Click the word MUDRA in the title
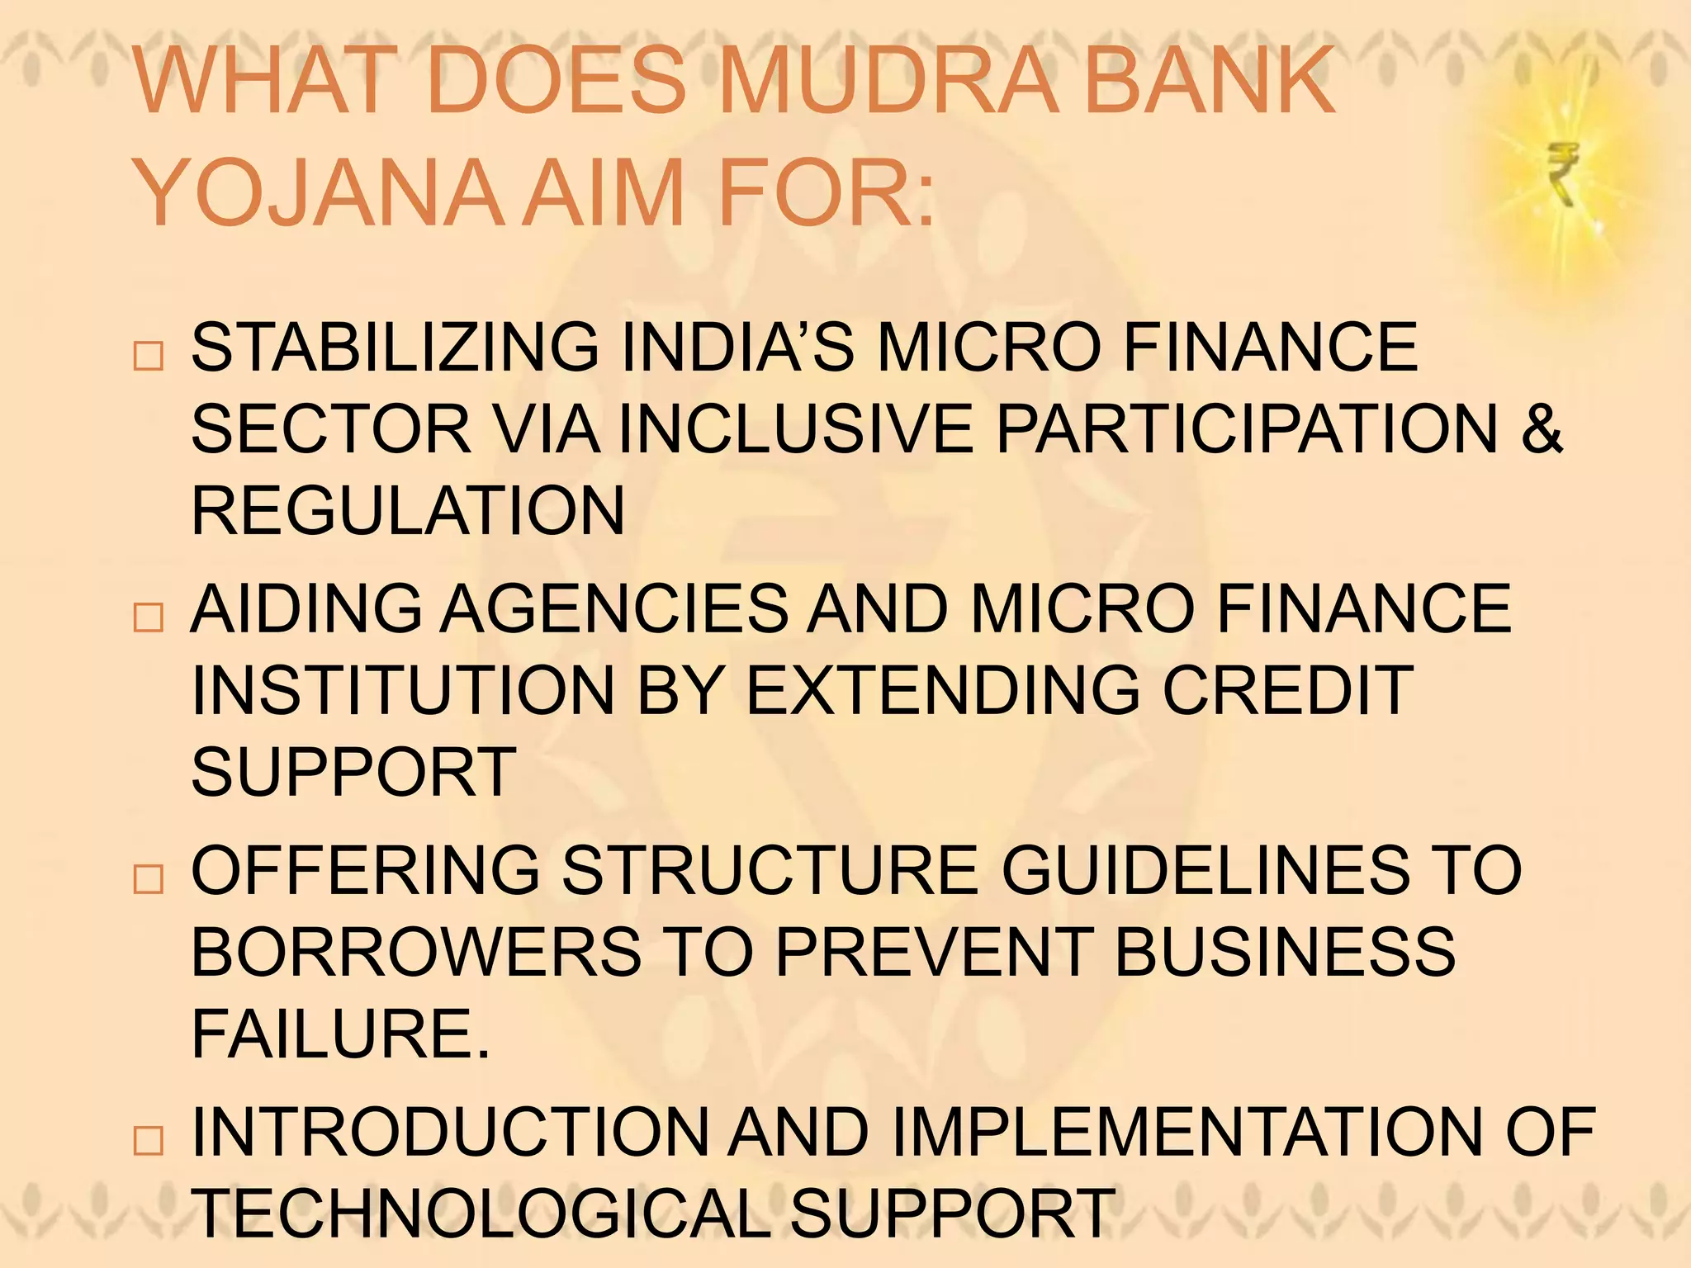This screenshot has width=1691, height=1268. [888, 81]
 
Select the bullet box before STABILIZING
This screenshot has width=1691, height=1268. [149, 356]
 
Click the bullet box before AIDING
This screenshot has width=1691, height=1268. [149, 617]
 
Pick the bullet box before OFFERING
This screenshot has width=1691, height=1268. [149, 878]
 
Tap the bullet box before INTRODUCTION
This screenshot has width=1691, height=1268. [149, 1140]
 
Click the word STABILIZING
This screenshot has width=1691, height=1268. [395, 348]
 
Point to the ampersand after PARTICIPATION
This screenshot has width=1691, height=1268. [1541, 428]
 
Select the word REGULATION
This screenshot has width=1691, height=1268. [408, 510]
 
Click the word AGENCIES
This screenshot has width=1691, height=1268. [614, 608]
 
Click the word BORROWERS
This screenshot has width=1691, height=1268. [416, 952]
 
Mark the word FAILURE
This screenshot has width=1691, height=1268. [340, 1034]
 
